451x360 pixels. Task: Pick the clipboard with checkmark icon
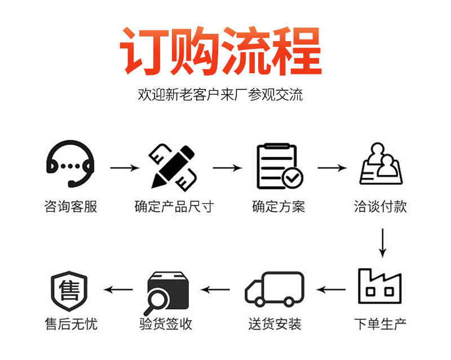[x=279, y=167]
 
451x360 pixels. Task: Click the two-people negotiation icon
[x=381, y=164]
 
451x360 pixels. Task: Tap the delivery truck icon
[x=275, y=290]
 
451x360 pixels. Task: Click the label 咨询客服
[x=70, y=207]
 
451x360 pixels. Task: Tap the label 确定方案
[x=278, y=207]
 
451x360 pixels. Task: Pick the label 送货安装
[x=275, y=324]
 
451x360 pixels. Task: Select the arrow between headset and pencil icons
[x=124, y=168]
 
